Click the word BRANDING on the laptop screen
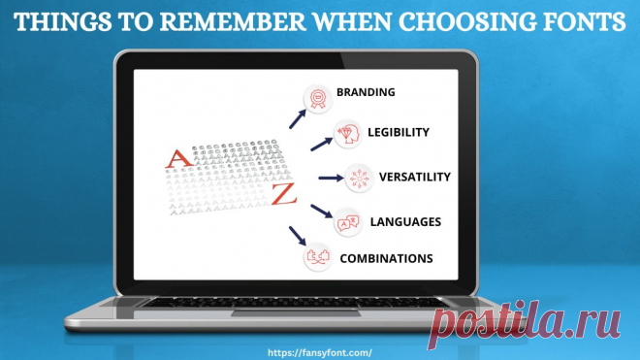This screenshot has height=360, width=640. (366, 92)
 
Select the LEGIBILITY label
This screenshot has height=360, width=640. (399, 132)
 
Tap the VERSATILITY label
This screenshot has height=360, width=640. (415, 177)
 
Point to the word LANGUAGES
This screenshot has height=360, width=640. (405, 221)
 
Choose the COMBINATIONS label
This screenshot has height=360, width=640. (386, 258)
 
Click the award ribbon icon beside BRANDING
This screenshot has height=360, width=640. (317, 98)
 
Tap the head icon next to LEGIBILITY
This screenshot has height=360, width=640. (348, 134)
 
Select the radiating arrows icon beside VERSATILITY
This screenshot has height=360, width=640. (359, 179)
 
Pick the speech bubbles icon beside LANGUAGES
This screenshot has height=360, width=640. (348, 222)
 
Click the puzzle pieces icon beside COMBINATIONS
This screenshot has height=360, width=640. (317, 257)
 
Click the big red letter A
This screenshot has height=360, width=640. (178, 159)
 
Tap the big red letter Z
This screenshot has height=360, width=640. (284, 194)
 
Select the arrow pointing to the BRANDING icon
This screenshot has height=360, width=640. (298, 119)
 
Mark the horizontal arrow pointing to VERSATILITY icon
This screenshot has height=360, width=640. (331, 178)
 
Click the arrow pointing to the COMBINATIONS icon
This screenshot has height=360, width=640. (298, 236)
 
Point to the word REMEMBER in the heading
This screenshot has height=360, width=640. (233, 21)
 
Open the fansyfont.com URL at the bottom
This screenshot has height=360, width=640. (320, 352)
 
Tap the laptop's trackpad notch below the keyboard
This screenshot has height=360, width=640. (296, 313)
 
